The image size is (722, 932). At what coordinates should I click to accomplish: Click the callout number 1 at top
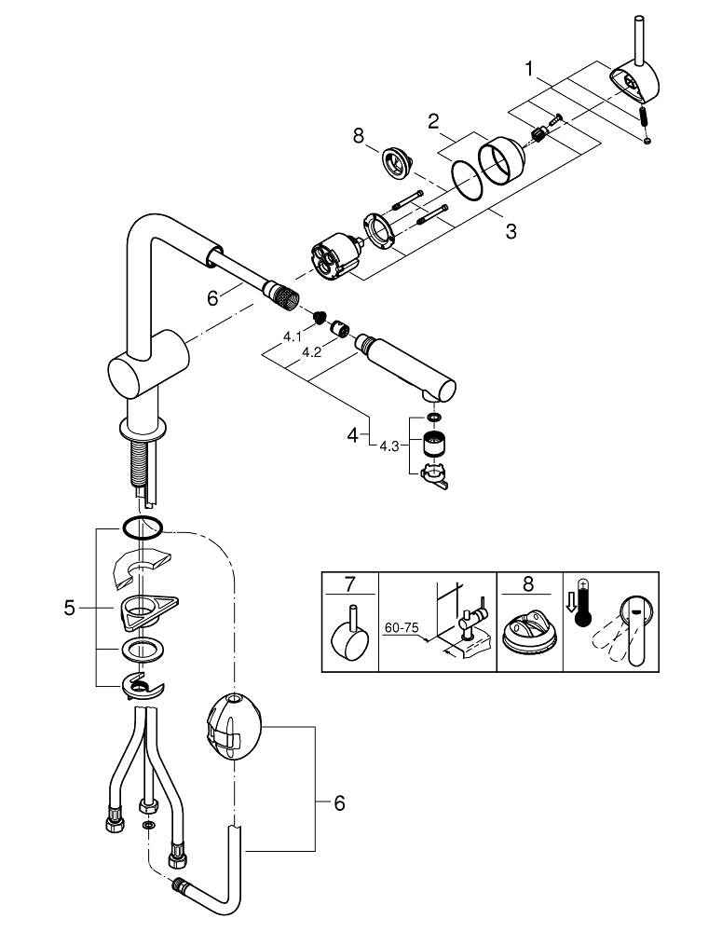pyautogui.click(x=529, y=68)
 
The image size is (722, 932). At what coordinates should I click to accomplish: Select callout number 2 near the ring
pyautogui.click(x=433, y=120)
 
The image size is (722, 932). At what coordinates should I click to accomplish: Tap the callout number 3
pyautogui.click(x=511, y=230)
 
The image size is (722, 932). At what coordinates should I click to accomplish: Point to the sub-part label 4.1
pyautogui.click(x=293, y=336)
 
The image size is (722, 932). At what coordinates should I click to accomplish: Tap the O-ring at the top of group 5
pyautogui.click(x=141, y=528)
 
